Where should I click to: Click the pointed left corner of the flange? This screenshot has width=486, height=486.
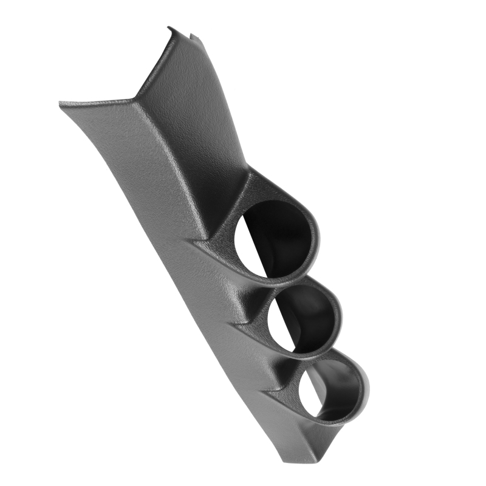click(x=61, y=104)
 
